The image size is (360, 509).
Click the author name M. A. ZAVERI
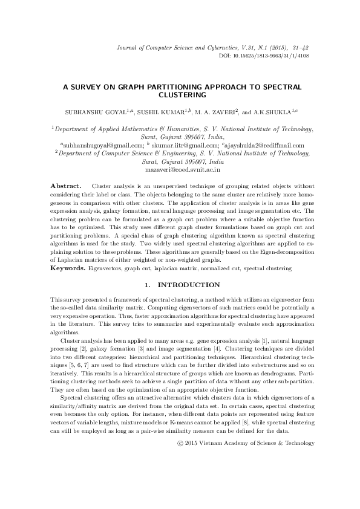tap(218, 112)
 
